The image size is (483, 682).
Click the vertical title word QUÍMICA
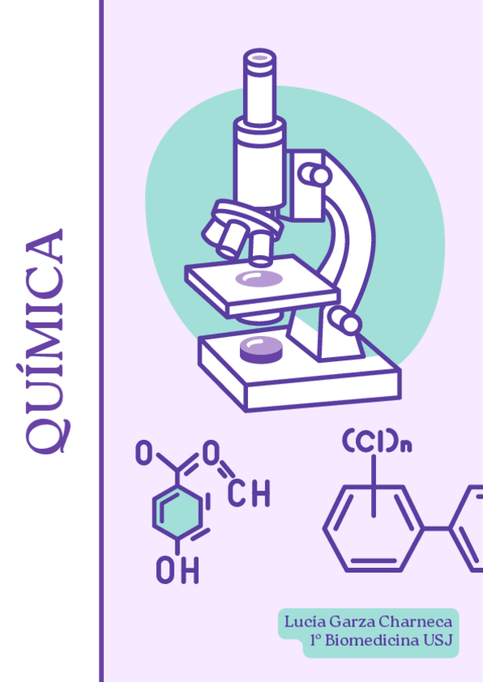point(45,341)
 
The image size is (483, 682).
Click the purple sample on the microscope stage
point(259,279)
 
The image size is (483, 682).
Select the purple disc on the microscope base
point(262,349)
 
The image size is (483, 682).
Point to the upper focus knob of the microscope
point(316,175)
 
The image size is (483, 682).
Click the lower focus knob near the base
point(348,323)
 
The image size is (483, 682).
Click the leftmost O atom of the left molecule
point(142,455)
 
